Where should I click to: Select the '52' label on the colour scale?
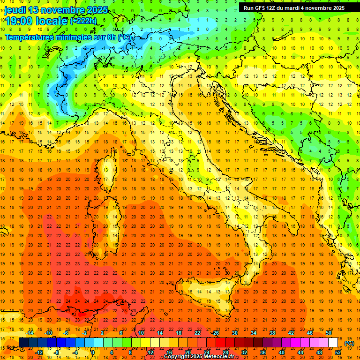pyautogui.click(x=338, y=352)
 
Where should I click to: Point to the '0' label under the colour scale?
pyautogui.click(x=92, y=352)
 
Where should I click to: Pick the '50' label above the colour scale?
pyautogui.click(x=328, y=333)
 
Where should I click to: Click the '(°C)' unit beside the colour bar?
pyautogui.click(x=349, y=343)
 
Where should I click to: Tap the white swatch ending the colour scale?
pyautogui.click(x=333, y=343)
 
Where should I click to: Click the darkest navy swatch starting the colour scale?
pyautogui.click(x=23, y=343)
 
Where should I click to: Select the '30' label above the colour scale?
pyautogui.click(x=234, y=333)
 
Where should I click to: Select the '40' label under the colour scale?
pyautogui.click(x=282, y=352)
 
